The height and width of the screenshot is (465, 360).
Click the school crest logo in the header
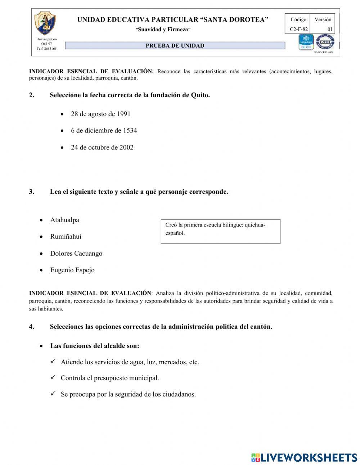click(45, 23)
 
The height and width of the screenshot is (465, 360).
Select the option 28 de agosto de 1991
click(100, 114)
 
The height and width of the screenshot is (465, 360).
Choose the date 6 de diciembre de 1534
click(104, 131)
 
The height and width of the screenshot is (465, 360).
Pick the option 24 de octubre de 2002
click(102, 148)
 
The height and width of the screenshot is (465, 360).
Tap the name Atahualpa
click(64, 220)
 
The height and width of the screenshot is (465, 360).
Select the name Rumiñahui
click(66, 237)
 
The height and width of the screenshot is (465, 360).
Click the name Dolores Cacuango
click(76, 254)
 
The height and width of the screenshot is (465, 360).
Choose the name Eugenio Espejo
click(72, 270)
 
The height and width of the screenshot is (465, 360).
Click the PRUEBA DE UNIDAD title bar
click(175, 46)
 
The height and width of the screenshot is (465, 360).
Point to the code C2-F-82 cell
click(298, 29)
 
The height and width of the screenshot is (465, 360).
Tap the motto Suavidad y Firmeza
click(163, 30)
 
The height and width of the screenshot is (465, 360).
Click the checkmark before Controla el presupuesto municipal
click(53, 378)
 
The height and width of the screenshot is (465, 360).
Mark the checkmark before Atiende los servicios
click(53, 362)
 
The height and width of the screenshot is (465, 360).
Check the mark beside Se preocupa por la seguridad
click(53, 394)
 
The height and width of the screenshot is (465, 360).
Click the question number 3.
click(32, 192)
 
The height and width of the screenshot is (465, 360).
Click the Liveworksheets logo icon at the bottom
click(256, 457)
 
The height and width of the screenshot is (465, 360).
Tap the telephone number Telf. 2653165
click(46, 49)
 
